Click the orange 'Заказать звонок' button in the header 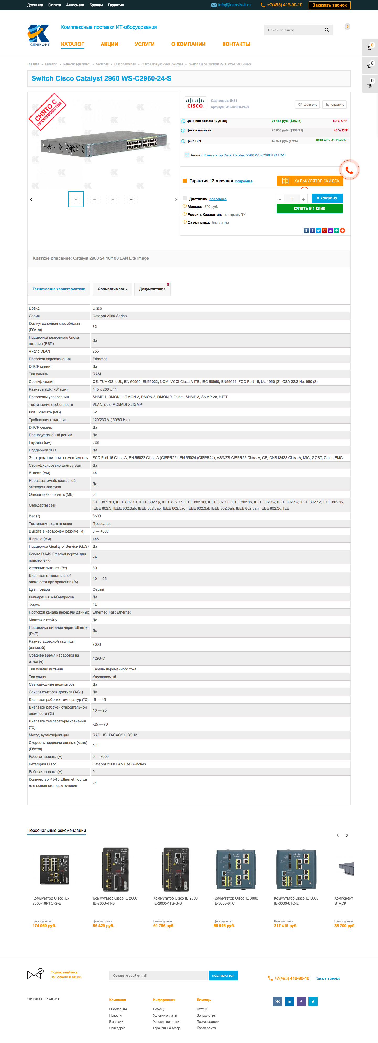[x=329, y=5]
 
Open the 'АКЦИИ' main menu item [x=109, y=44]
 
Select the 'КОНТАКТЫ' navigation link [x=236, y=44]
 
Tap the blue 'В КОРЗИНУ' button [x=327, y=198]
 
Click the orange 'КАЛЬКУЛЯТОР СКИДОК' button [x=310, y=181]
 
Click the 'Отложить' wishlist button [x=307, y=104]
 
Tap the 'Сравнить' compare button [x=335, y=104]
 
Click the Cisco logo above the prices [x=195, y=103]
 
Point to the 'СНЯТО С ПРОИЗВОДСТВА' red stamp [x=48, y=111]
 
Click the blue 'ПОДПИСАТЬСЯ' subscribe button [x=223, y=975]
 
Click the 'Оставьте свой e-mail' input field [x=158, y=975]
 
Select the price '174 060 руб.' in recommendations [x=44, y=925]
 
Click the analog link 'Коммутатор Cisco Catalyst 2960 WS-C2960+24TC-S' [x=244, y=155]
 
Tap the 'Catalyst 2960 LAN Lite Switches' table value [x=119, y=764]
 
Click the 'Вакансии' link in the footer [x=116, y=1021]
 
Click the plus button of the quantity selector [x=303, y=199]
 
